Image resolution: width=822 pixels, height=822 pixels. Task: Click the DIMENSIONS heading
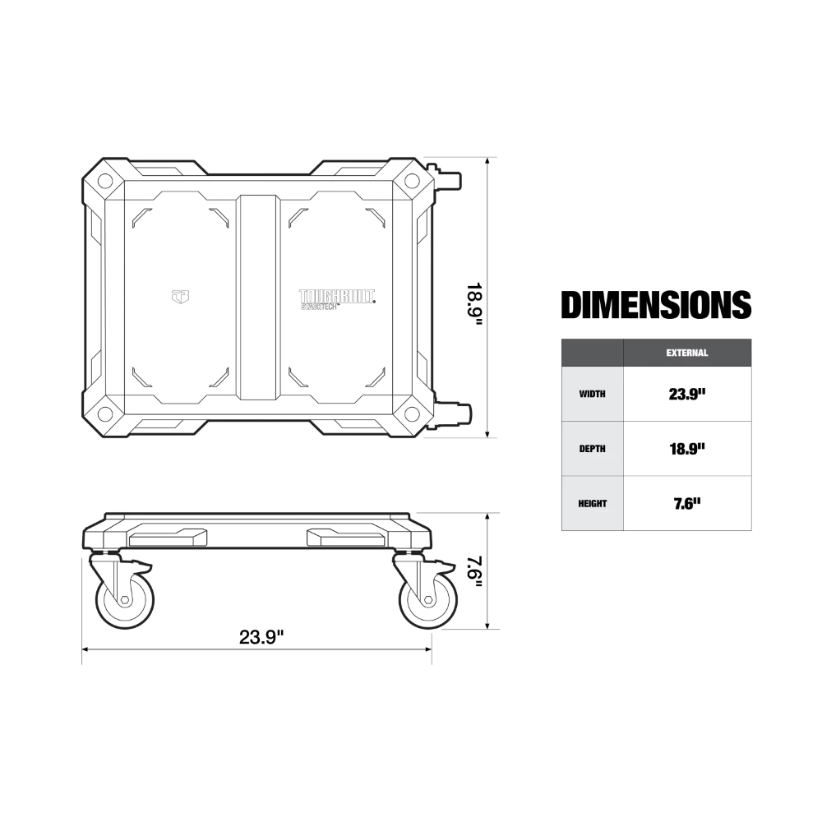point(656,305)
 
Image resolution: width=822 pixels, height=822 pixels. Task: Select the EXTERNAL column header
point(686,353)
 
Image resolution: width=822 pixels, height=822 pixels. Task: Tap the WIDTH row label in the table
point(592,394)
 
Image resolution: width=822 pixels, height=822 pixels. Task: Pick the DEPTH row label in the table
point(592,449)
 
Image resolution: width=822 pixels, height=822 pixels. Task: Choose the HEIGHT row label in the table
point(592,503)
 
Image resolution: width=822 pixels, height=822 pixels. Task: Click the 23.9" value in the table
point(686,394)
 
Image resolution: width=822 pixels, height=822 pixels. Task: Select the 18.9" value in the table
point(686,449)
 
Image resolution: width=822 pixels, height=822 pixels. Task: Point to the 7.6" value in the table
point(686,503)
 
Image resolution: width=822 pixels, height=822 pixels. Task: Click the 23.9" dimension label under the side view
point(261,637)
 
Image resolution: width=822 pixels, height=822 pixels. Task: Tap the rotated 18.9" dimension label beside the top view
point(474,305)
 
